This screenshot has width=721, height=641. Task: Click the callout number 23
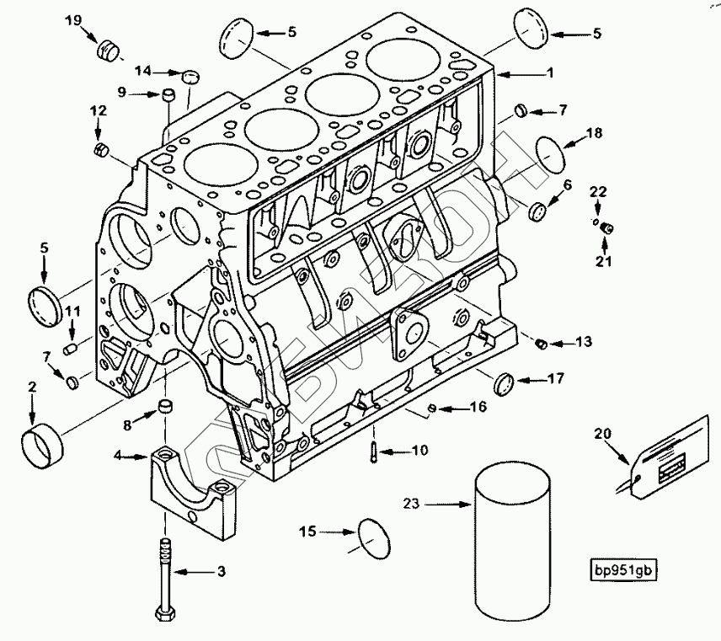tap(410, 505)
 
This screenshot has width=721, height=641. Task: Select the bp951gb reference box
tap(622, 569)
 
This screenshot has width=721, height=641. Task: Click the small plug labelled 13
tap(542, 343)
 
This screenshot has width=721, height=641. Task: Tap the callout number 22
tap(599, 192)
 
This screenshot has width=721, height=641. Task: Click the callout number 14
tap(143, 72)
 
